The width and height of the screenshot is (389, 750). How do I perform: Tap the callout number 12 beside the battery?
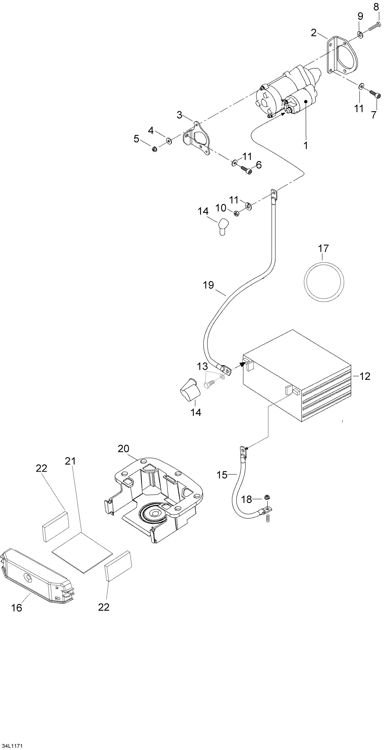click(365, 376)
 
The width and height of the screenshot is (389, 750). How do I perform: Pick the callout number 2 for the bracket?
click(314, 33)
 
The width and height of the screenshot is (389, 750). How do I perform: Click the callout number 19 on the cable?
click(209, 285)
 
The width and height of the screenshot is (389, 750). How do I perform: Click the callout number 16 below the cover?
click(17, 608)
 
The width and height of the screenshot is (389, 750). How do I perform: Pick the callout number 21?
click(70, 461)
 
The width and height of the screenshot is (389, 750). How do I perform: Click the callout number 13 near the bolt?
click(202, 366)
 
